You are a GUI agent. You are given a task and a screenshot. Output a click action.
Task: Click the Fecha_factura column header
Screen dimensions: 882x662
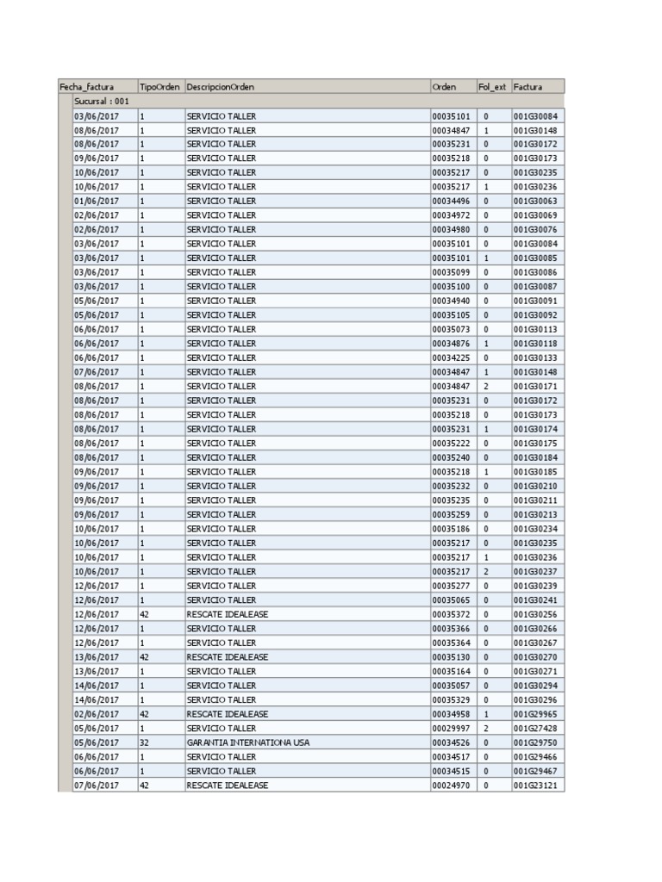[86, 87]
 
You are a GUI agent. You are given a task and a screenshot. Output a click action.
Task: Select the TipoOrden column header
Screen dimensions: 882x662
[159, 87]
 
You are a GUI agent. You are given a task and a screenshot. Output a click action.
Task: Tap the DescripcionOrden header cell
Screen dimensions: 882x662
[221, 87]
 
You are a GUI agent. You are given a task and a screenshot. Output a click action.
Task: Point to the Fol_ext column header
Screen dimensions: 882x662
[492, 87]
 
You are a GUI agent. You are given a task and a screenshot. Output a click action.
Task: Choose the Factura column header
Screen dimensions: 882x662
[528, 87]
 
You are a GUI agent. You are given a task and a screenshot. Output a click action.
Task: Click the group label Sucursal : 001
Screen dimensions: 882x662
[102, 102]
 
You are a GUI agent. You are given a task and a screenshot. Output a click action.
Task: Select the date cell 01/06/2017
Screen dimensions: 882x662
[97, 201]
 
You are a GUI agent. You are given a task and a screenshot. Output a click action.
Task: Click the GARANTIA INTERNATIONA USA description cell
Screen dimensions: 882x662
[248, 742]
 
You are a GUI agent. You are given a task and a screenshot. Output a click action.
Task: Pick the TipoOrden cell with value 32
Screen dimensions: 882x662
[145, 742]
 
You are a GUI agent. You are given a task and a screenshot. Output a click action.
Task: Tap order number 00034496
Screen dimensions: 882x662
[451, 201]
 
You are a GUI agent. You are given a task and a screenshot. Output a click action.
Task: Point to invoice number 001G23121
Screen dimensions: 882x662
[535, 786]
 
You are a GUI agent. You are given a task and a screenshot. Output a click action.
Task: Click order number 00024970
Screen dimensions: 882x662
[451, 786]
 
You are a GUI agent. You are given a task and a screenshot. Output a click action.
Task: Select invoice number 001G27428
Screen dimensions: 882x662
[535, 729]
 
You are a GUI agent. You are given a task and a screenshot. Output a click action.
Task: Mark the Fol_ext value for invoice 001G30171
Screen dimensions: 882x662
[486, 387]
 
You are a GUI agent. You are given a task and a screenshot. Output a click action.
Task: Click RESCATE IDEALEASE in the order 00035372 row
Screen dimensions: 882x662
[227, 614]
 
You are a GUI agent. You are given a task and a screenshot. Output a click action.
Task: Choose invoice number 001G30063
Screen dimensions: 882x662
[535, 201]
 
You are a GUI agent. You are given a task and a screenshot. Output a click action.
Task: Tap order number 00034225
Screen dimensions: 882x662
[451, 357]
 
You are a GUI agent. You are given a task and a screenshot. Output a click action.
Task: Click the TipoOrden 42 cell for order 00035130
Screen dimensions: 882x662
[145, 657]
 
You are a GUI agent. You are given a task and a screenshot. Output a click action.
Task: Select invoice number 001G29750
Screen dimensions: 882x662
[535, 742]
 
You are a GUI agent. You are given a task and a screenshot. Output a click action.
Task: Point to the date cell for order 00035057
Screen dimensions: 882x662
[97, 686]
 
